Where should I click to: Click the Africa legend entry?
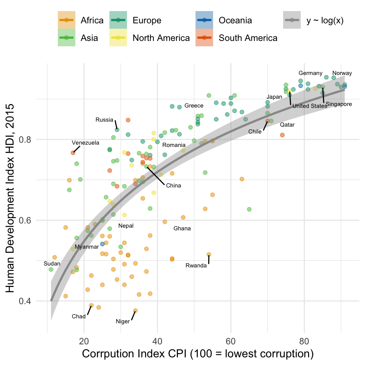pyautogui.click(x=81, y=20)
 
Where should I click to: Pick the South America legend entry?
pyautogui.click(x=236, y=38)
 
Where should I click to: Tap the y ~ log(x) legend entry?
pyautogui.click(x=314, y=20)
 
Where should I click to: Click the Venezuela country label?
pyautogui.click(x=85, y=143)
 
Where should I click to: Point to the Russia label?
pyautogui.click(x=104, y=120)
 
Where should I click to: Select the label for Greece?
pyautogui.click(x=194, y=106)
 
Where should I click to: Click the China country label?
pyautogui.click(x=173, y=186)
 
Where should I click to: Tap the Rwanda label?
pyautogui.click(x=196, y=266)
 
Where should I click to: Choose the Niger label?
pyautogui.click(x=123, y=321)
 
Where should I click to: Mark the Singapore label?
pyautogui.click(x=338, y=104)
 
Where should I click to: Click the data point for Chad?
pyautogui.click(x=91, y=305)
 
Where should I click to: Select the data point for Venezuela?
pyautogui.click(x=73, y=153)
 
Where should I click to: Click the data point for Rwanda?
pyautogui.click(x=209, y=254)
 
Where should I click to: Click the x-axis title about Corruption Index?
pyautogui.click(x=198, y=354)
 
